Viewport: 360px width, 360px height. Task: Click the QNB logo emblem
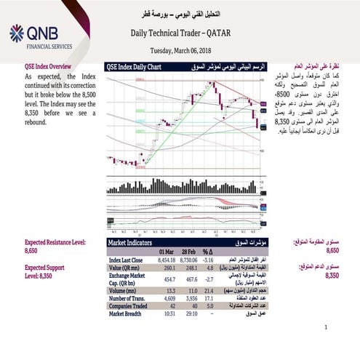pyautogui.click(x=16, y=33)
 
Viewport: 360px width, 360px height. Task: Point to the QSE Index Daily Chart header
pyautogui.click(x=134, y=66)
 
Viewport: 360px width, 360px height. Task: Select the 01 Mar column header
pyautogui.click(x=166, y=251)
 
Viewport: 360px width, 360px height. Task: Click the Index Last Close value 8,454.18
pyautogui.click(x=165, y=259)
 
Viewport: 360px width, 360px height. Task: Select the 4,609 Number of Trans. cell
pyautogui.click(x=166, y=297)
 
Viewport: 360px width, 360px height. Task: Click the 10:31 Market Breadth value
pyautogui.click(x=166, y=313)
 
